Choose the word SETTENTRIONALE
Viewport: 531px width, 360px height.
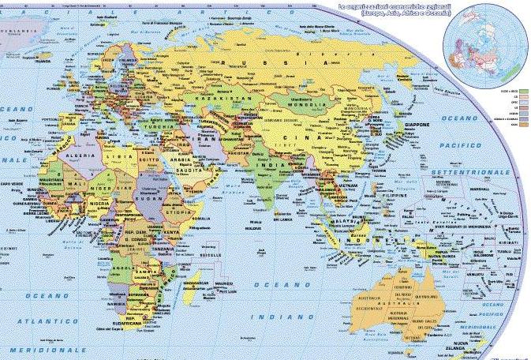pyautogui.click(x=473, y=171)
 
